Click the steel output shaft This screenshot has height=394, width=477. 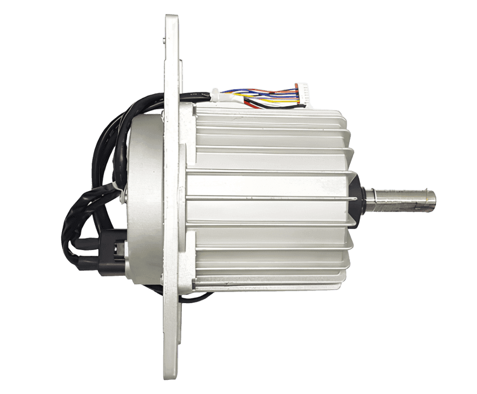point(405,198)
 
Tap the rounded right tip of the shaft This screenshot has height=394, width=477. point(434,198)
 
